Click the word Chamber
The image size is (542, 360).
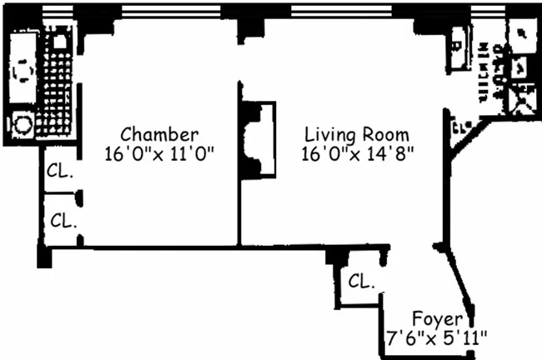[159, 133]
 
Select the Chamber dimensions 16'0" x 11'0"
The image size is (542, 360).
[160, 153]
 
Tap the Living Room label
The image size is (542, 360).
[356, 133]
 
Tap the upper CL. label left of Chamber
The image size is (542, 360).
[60, 173]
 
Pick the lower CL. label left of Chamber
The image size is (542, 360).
[63, 221]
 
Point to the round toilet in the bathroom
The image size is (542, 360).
[23, 125]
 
